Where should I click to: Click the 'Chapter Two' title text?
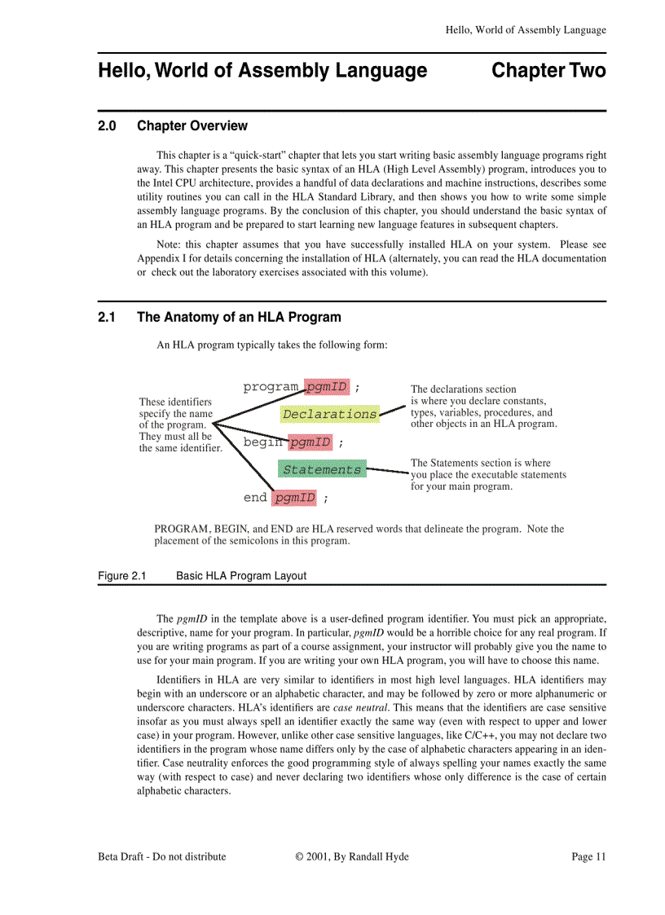point(548,71)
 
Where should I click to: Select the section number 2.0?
point(108,126)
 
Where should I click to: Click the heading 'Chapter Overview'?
point(192,126)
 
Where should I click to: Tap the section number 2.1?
point(108,317)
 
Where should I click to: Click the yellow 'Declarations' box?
point(329,414)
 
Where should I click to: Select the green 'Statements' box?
point(321,469)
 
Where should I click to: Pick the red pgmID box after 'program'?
point(327,386)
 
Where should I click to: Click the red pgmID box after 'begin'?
point(310,442)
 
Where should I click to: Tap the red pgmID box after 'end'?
point(294,497)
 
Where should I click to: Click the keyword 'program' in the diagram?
point(271,386)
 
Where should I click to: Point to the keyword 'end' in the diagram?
point(255,497)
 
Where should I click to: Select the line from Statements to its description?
point(388,471)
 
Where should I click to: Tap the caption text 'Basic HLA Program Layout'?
point(241,576)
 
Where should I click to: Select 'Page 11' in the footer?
point(588,856)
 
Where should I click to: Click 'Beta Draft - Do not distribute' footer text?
point(162,856)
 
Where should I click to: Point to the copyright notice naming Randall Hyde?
point(352,856)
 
